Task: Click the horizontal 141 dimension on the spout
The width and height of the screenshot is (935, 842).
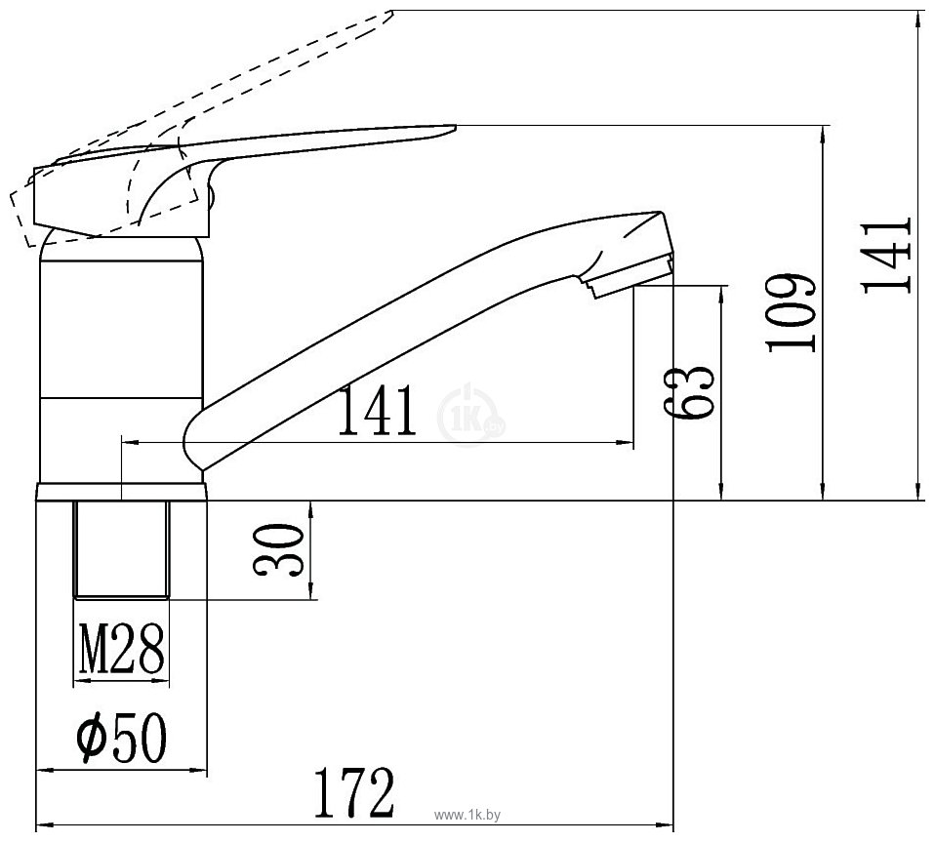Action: click(377, 412)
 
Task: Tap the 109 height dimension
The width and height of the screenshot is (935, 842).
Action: click(789, 313)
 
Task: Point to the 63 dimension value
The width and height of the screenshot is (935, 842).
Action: click(691, 393)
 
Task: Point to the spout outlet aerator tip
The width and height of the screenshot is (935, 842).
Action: click(630, 276)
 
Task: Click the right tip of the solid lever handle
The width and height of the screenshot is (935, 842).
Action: click(451, 128)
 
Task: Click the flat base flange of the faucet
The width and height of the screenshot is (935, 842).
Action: click(122, 492)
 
